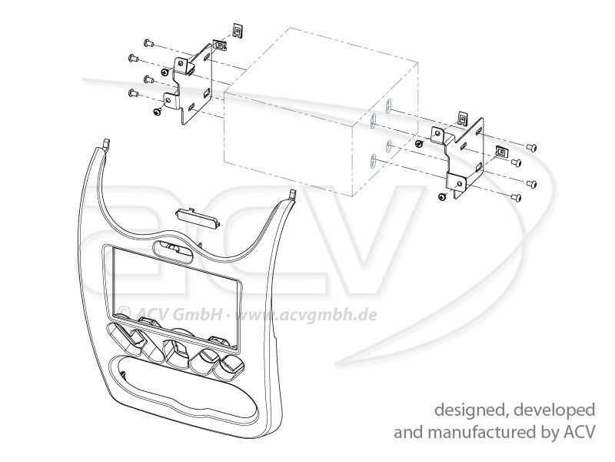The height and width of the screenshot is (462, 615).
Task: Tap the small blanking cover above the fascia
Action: click(198, 216)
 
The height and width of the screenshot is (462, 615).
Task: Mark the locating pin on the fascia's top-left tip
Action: click(105, 143)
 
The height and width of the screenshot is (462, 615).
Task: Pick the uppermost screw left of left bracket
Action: click(148, 42)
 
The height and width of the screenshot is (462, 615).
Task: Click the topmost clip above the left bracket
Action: click(238, 32)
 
